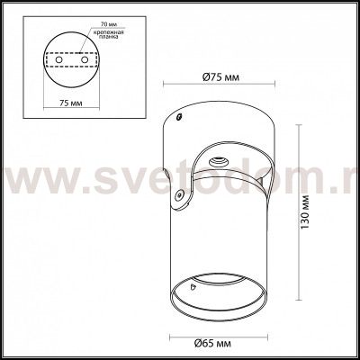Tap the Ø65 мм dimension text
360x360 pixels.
point(215,344)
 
